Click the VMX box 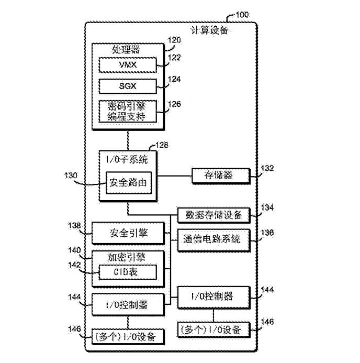tap(128, 64)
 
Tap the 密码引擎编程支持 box tap(128, 111)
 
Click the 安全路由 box tap(129, 183)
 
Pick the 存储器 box tap(219, 175)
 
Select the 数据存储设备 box tap(213, 215)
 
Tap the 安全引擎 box tap(128, 233)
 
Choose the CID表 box tap(128, 272)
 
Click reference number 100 tap(242, 14)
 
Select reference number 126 tap(174, 104)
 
